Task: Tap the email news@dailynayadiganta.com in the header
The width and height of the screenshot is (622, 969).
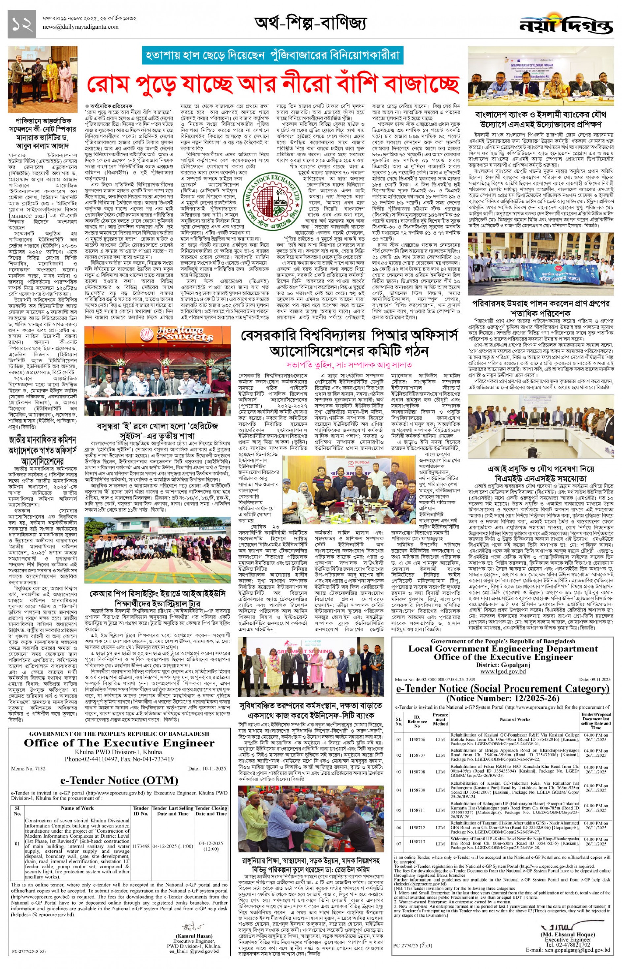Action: pos(81,27)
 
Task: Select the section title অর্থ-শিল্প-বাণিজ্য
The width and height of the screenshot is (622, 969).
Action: pos(310,23)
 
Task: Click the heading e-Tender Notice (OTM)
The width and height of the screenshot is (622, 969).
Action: pos(119,780)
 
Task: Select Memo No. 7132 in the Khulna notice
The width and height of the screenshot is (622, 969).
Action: pos(28,769)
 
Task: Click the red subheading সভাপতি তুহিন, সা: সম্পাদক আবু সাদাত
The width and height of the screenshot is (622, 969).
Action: pos(349,364)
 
